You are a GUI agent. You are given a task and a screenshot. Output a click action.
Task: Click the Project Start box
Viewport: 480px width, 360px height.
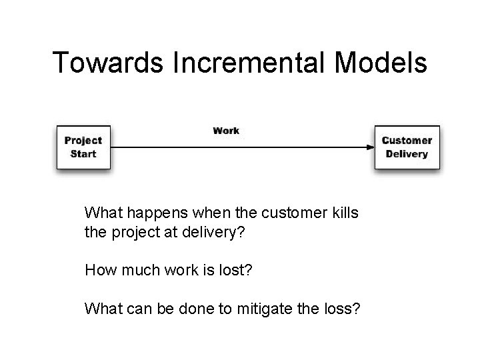[83, 147]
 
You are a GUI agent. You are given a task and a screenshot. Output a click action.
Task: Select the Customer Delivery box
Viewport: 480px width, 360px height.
[407, 147]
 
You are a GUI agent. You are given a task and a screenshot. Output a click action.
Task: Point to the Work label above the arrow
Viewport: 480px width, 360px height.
[226, 130]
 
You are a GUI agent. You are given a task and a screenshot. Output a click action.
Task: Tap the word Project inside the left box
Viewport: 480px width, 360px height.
[83, 141]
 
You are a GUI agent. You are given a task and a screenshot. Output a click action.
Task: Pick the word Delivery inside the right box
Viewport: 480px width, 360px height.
[407, 154]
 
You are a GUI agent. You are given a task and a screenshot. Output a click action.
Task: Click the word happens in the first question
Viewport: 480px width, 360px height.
[148, 213]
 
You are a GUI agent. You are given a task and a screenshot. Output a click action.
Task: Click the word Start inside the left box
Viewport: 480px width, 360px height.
[83, 154]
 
